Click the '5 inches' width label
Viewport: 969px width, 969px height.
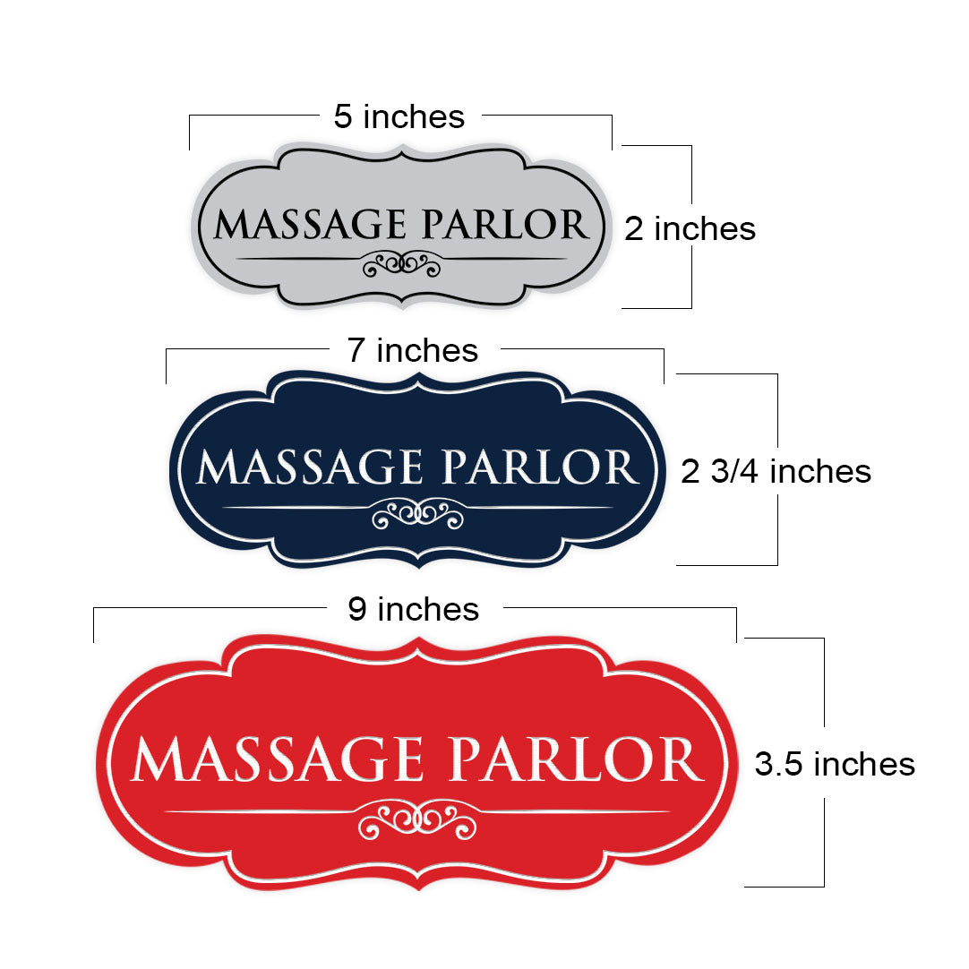click(x=399, y=116)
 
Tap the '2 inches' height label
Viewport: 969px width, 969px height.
click(x=690, y=228)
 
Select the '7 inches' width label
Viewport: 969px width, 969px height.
click(x=412, y=350)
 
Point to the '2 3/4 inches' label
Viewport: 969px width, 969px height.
click(x=776, y=471)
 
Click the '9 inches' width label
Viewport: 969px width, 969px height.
click(x=413, y=609)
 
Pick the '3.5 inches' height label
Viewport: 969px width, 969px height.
click(x=835, y=764)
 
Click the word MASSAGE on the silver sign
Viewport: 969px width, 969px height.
click(x=310, y=224)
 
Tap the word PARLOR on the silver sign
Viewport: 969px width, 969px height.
click(x=505, y=224)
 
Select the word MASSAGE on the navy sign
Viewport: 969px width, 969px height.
click(x=310, y=467)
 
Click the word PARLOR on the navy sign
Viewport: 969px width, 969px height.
click(x=539, y=467)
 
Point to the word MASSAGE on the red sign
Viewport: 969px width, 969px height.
click(x=278, y=759)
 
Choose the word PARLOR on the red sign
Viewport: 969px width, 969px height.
click(x=577, y=759)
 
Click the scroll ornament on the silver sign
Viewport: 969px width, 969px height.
click(x=402, y=264)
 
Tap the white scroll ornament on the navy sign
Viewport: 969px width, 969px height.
click(x=417, y=514)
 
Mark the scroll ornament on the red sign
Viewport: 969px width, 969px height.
click(x=417, y=819)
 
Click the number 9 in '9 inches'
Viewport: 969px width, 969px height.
click(x=357, y=609)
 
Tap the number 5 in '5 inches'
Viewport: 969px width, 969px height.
click(x=343, y=116)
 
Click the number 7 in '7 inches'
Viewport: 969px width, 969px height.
click(x=356, y=350)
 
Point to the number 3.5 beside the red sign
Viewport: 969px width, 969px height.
click(x=780, y=765)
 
